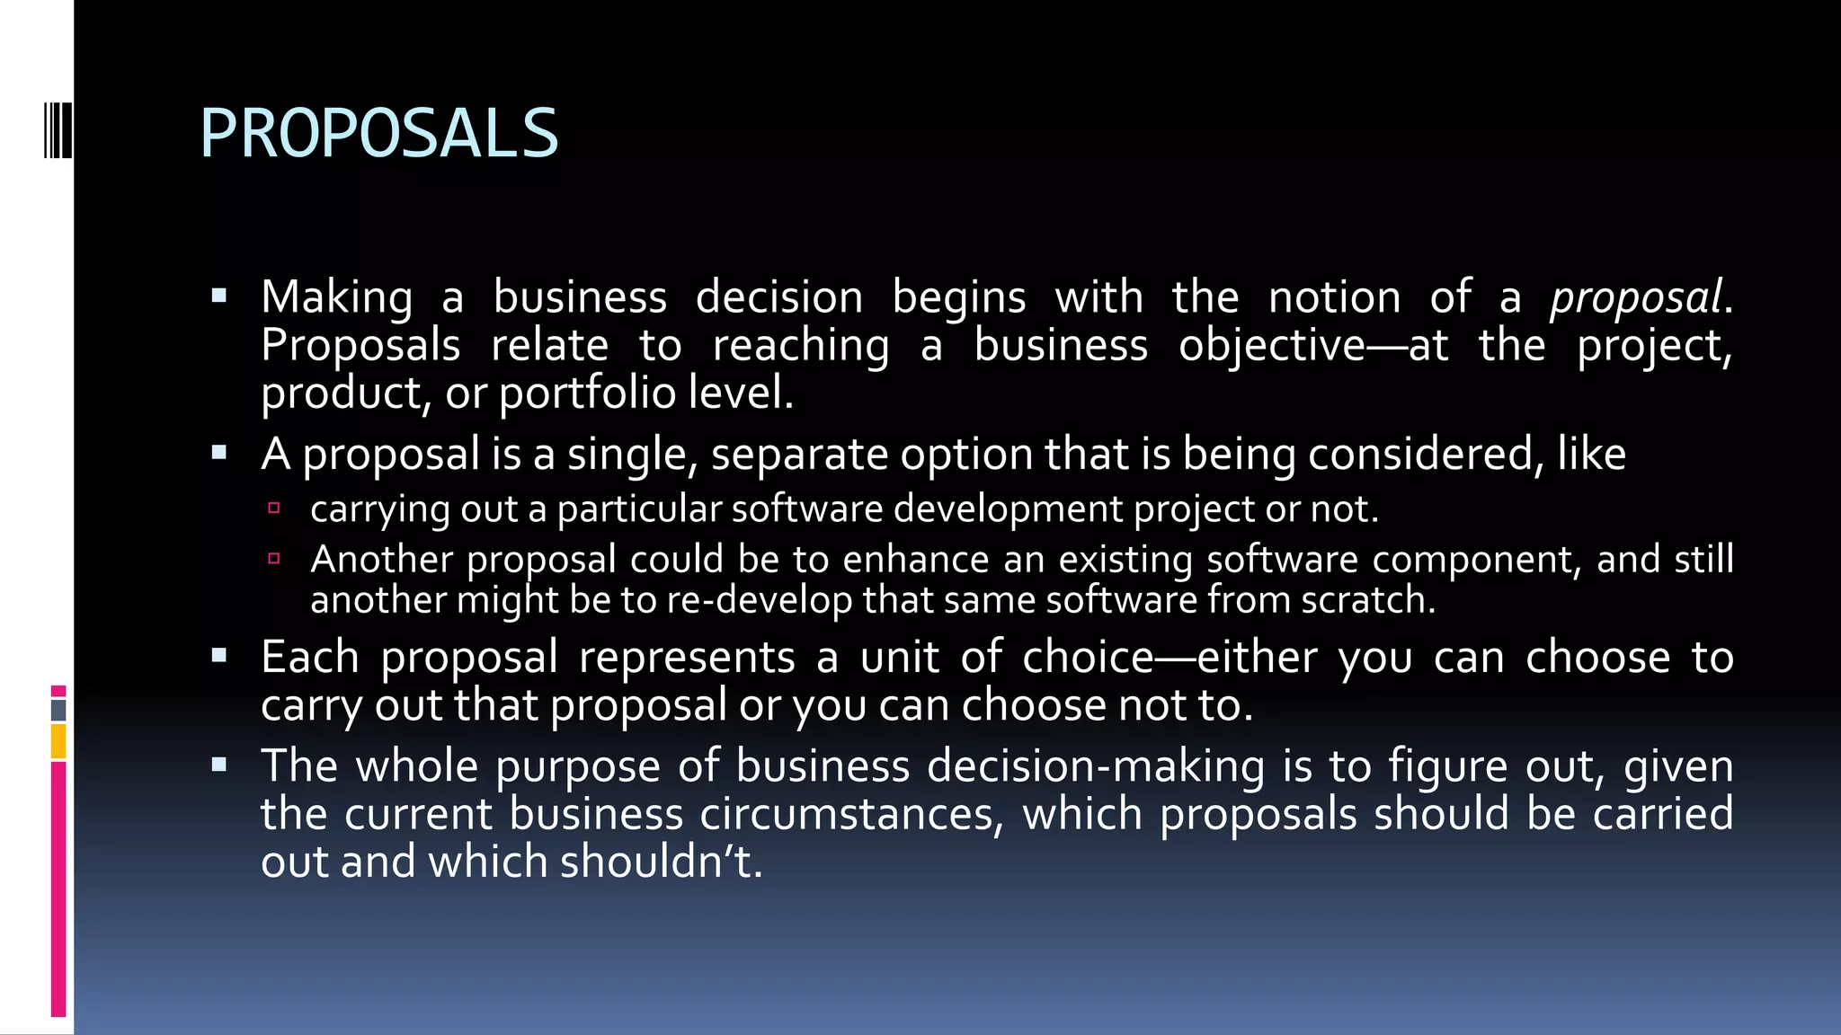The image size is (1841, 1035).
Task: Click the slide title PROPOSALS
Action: (x=378, y=134)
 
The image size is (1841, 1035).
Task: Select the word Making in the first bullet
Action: (x=337, y=297)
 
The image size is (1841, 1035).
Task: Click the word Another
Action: (x=381, y=560)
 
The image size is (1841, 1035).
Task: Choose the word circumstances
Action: (x=851, y=814)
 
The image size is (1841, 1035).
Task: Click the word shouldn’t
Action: (x=661, y=862)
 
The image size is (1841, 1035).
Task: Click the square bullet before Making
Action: (x=219, y=296)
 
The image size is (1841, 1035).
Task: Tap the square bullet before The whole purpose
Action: (x=219, y=765)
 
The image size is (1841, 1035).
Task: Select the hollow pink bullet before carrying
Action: (x=274, y=509)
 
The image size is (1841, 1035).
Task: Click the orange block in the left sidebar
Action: (x=58, y=742)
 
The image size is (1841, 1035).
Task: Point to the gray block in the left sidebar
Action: (x=58, y=711)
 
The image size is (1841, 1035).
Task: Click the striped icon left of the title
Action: (x=58, y=130)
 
